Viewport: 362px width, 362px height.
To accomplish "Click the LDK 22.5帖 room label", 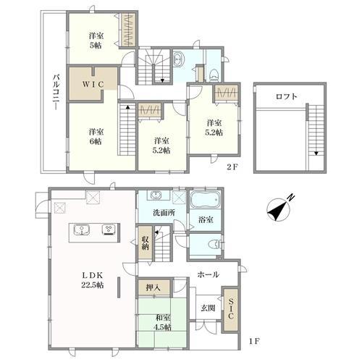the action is point(93,280).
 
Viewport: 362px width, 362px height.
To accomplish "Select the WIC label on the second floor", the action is point(93,85).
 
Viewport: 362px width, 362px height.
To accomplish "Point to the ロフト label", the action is point(287,96).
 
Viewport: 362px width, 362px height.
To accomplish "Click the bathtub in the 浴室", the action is point(206,200).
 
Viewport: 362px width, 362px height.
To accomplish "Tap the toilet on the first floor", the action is point(216,244).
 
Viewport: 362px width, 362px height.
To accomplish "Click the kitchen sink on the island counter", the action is point(82,230).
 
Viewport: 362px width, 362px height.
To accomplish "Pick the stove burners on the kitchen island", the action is point(109,229).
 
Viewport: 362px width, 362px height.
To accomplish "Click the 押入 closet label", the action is point(153,287).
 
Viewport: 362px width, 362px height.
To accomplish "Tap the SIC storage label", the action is point(230,308).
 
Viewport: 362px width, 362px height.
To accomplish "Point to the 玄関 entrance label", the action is point(208,308).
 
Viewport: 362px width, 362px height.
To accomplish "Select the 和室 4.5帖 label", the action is point(162,322).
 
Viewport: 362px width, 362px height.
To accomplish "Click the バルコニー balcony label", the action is point(56,93).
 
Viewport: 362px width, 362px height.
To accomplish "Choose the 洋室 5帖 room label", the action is point(96,41).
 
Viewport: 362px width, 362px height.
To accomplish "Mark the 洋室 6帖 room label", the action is point(96,137).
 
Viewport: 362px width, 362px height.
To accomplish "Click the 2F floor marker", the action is point(232,167).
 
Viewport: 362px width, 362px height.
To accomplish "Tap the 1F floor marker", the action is point(254,341).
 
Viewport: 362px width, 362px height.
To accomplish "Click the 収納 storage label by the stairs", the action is point(145,243).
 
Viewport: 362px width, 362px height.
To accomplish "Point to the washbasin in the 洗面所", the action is point(155,195).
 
